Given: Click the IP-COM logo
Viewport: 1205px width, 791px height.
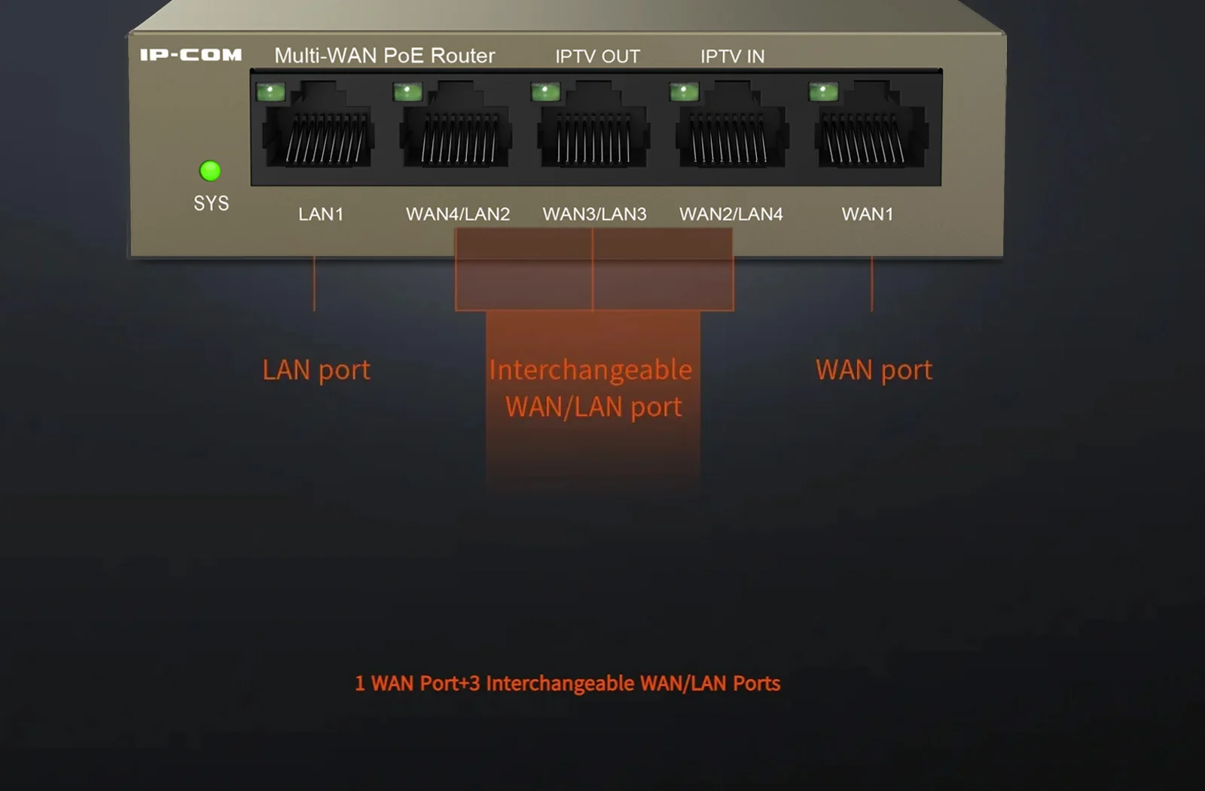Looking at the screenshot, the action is [191, 55].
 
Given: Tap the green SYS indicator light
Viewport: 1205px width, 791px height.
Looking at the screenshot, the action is [210, 171].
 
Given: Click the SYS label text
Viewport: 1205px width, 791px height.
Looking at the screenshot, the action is [212, 203].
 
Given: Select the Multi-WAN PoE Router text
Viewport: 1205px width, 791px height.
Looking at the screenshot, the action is [385, 56].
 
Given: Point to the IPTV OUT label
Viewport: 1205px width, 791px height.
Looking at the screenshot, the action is [598, 56].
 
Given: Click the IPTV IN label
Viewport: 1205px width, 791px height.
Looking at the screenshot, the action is [733, 56].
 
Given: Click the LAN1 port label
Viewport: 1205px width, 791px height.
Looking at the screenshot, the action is [321, 214].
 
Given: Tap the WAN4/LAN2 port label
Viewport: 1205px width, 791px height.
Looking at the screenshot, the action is [458, 214].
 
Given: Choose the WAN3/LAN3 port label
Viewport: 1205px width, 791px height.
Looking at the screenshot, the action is [594, 214].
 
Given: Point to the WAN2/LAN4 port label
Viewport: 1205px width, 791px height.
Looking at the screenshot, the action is [731, 214].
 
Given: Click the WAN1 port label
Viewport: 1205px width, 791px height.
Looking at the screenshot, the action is [868, 214].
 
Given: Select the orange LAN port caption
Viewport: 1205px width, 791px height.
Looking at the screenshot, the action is [316, 371].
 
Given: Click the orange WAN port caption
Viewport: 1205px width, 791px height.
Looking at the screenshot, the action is [874, 371].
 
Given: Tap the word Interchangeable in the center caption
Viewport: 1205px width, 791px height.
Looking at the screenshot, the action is [590, 371].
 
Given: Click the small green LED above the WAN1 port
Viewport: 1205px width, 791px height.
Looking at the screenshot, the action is [823, 91].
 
